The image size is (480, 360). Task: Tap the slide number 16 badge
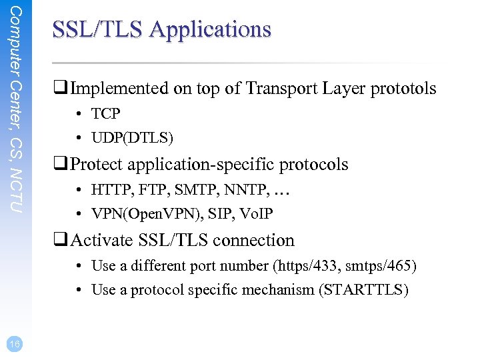click(x=15, y=343)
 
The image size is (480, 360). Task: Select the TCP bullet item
click(x=105, y=114)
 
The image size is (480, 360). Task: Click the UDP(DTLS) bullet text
click(x=132, y=138)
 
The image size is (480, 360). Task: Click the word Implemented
click(x=120, y=89)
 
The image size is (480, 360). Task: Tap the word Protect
click(x=98, y=164)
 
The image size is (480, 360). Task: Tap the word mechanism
click(x=275, y=290)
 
